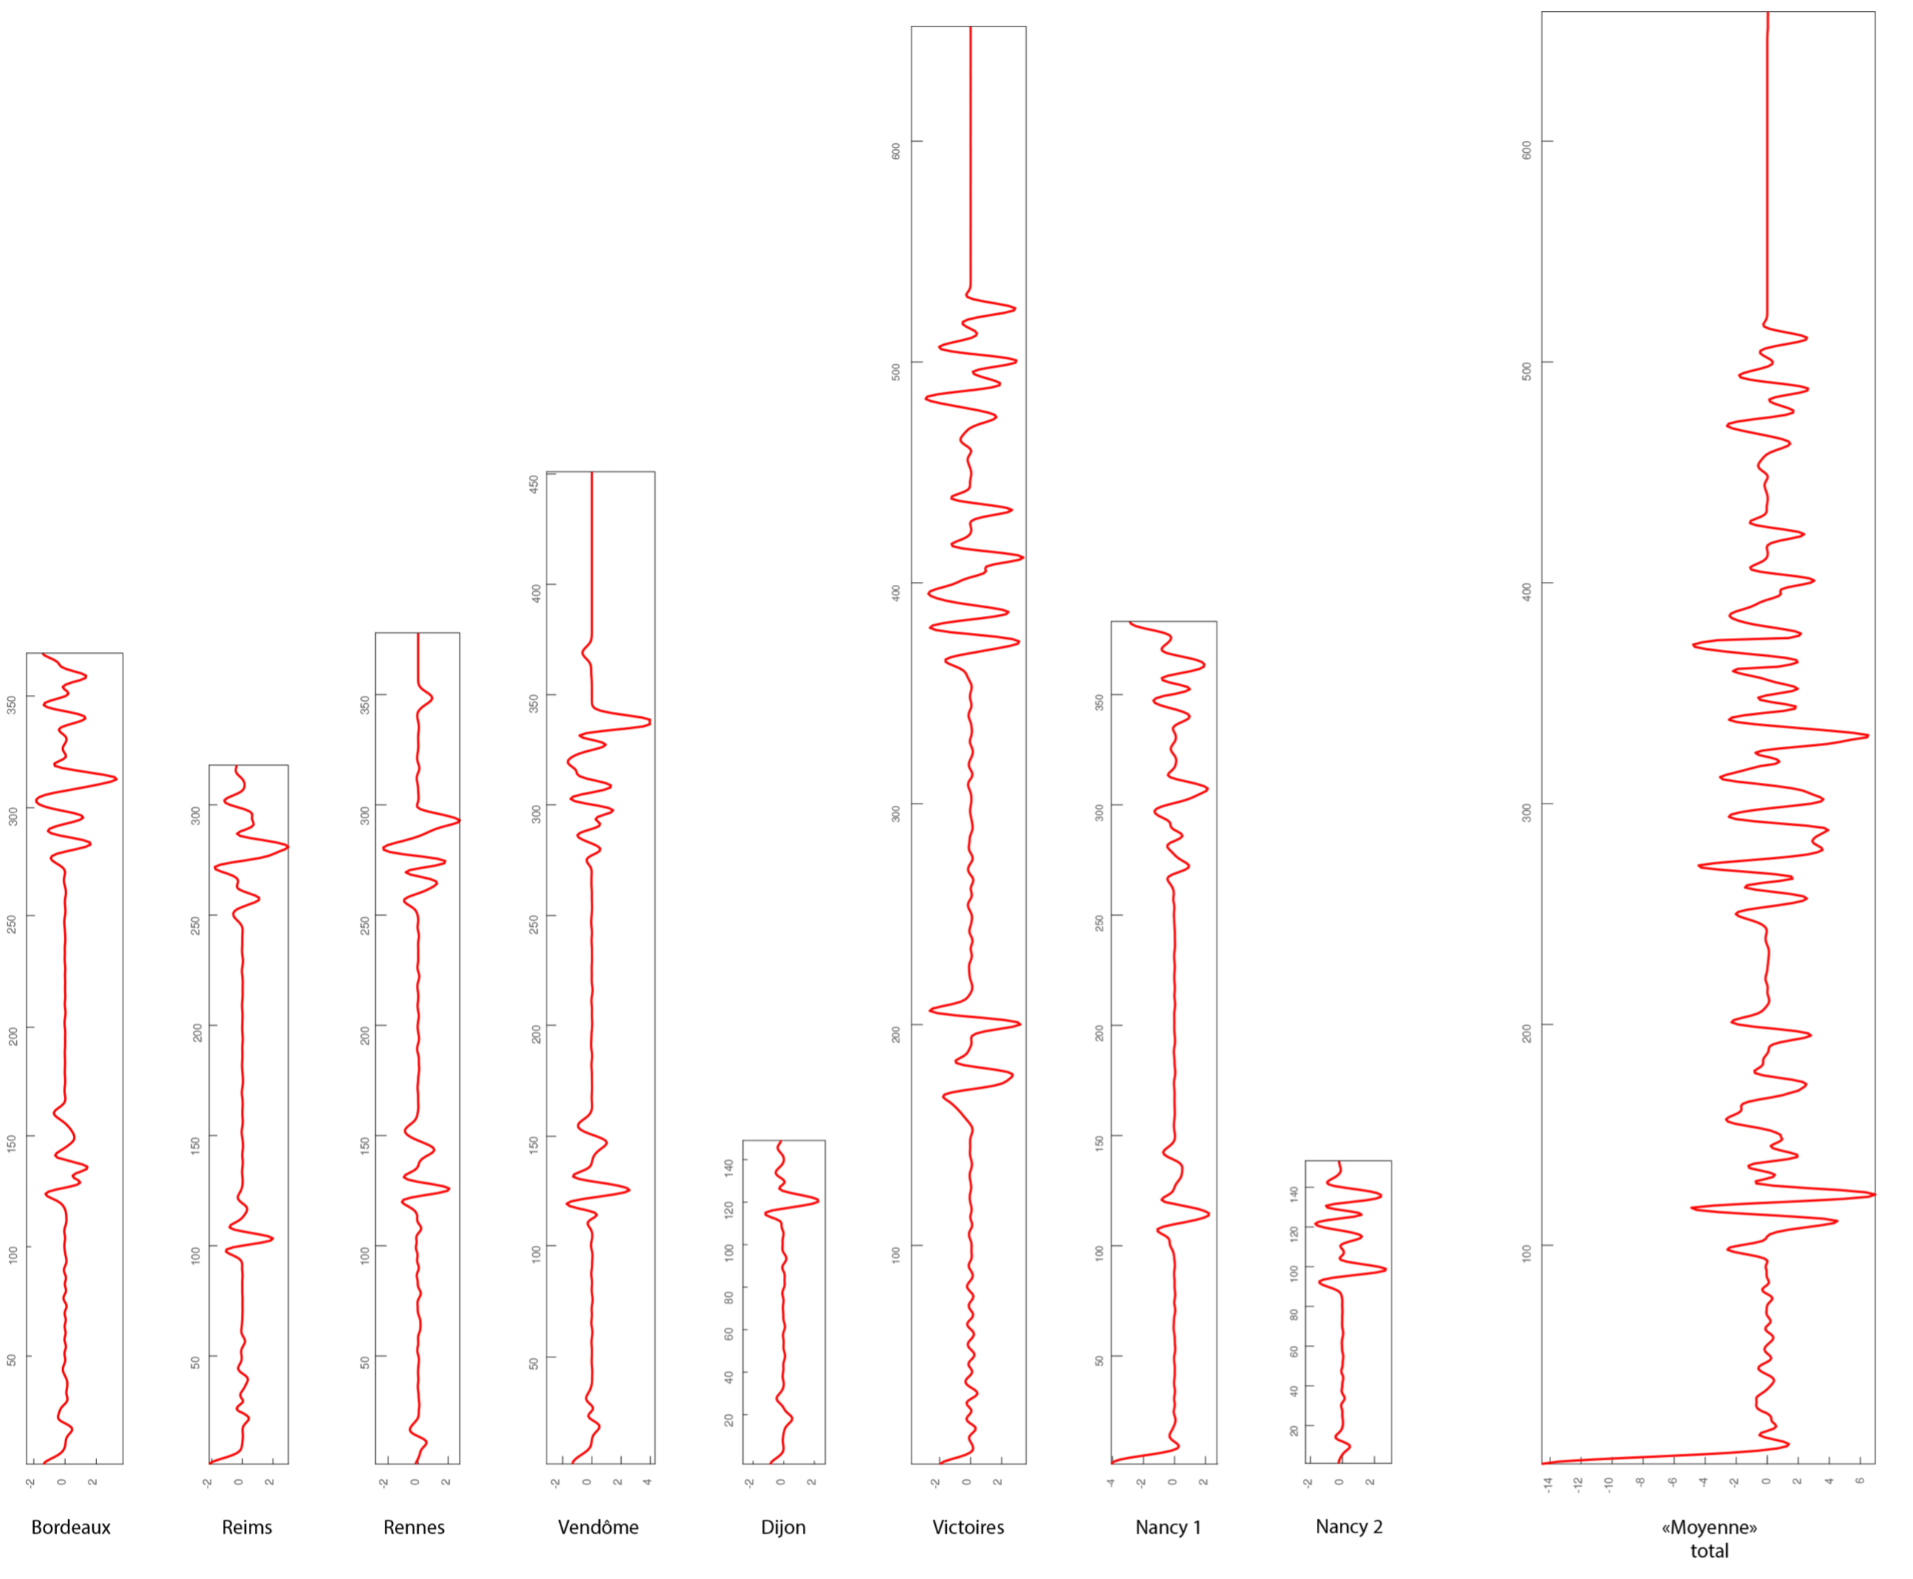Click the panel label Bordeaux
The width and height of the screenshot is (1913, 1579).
tap(71, 1527)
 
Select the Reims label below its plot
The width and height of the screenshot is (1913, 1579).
tap(247, 1527)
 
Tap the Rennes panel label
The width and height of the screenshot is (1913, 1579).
tap(414, 1527)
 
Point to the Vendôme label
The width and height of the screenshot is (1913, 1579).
tap(598, 1527)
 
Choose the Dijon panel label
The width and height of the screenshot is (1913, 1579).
tap(783, 1527)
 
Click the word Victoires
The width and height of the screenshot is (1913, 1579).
tap(968, 1527)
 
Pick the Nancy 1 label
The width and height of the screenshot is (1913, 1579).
tap(1168, 1527)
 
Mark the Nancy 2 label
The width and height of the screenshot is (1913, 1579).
tap(1349, 1527)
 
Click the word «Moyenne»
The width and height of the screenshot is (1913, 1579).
tap(1708, 1527)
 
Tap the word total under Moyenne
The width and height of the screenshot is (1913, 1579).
tap(1709, 1551)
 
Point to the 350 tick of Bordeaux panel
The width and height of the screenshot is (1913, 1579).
tap(12, 704)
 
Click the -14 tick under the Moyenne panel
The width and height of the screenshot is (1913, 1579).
tap(1548, 1485)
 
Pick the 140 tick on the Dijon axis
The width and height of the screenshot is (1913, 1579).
tap(728, 1168)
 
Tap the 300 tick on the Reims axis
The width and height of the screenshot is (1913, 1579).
tap(196, 815)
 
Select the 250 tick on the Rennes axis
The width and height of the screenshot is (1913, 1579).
tap(365, 925)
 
